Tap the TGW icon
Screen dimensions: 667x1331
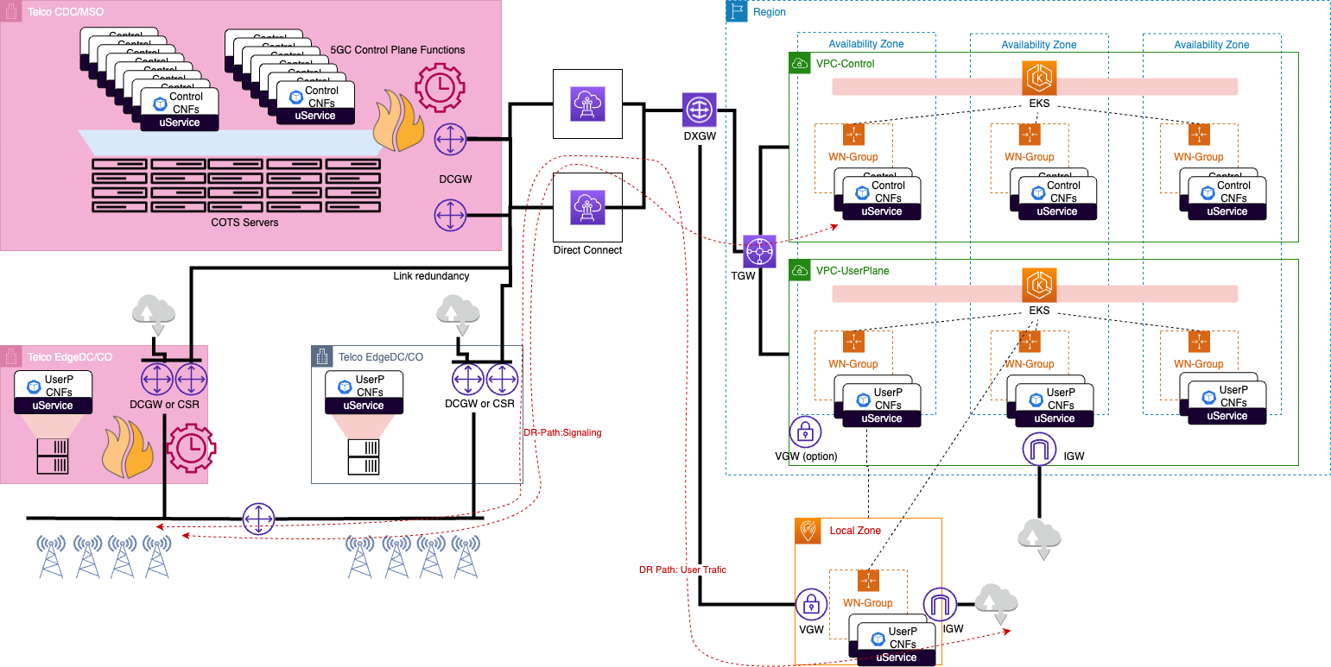coord(760,252)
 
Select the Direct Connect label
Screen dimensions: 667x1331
coord(587,250)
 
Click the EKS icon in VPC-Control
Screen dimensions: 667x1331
coord(1039,77)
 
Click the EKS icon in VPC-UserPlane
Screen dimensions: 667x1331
coord(1039,286)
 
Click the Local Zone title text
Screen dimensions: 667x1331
coord(855,530)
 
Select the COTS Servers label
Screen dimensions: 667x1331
coord(245,223)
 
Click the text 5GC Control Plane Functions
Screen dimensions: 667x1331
coord(397,50)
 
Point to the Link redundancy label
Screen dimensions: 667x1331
coord(430,276)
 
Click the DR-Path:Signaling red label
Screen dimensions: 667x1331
coord(562,433)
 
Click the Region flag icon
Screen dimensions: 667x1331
coord(736,11)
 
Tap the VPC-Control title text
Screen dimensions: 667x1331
coord(845,63)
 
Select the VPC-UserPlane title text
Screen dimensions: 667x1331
coord(852,271)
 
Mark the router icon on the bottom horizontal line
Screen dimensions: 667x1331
coord(258,519)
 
